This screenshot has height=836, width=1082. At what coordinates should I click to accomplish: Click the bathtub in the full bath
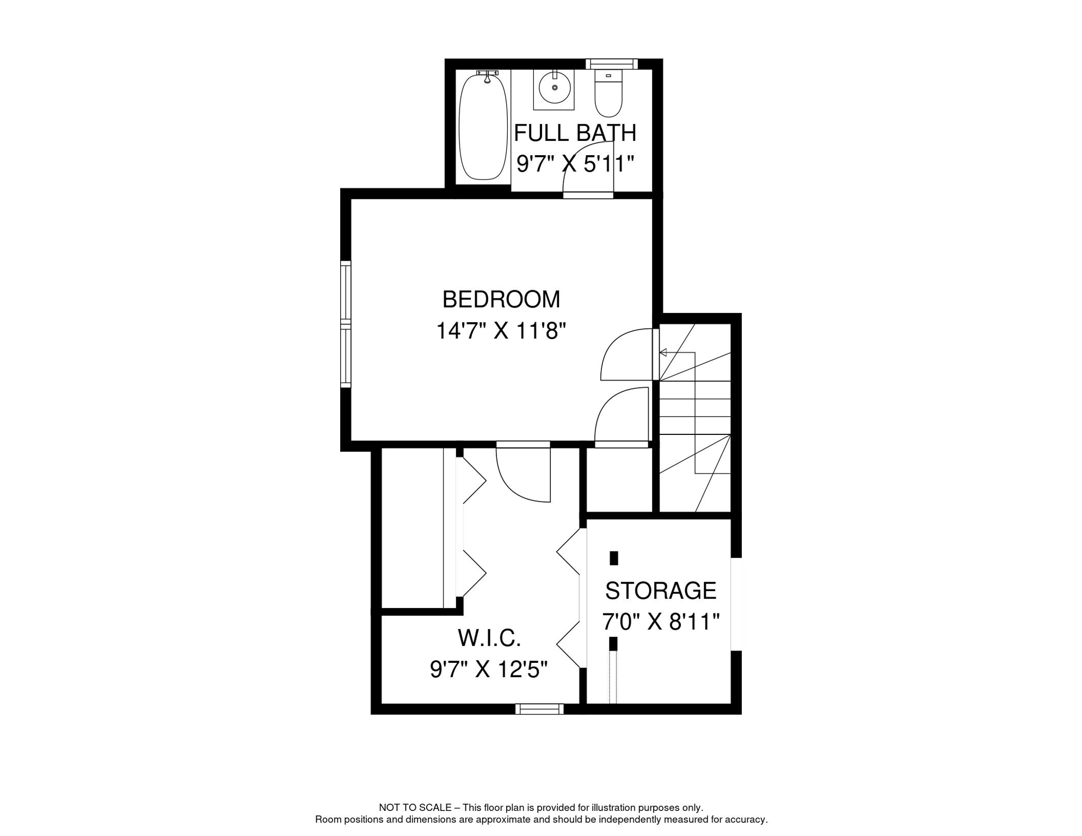pyautogui.click(x=483, y=128)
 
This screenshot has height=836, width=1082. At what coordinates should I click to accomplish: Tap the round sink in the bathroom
pyautogui.click(x=554, y=88)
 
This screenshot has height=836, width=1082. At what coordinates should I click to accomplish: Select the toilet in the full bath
pyautogui.click(x=608, y=94)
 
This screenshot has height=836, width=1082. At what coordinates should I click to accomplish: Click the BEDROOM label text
pyautogui.click(x=501, y=299)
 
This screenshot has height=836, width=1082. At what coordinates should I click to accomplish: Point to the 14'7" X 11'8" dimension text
pyautogui.click(x=501, y=330)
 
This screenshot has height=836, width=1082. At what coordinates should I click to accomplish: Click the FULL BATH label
pyautogui.click(x=575, y=133)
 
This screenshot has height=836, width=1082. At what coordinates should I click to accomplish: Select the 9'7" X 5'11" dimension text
pyautogui.click(x=575, y=163)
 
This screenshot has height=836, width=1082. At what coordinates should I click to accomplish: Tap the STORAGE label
pyautogui.click(x=660, y=591)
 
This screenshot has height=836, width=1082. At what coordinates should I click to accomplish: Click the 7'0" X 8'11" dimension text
pyautogui.click(x=660, y=621)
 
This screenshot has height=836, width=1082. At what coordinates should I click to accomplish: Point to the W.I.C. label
pyautogui.click(x=489, y=638)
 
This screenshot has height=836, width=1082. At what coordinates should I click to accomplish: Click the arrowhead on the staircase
pyautogui.click(x=663, y=353)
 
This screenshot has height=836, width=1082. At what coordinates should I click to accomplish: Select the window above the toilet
pyautogui.click(x=611, y=64)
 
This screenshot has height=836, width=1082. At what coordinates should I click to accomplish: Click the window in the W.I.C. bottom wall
pyautogui.click(x=539, y=709)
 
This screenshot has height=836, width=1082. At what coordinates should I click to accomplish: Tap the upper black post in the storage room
pyautogui.click(x=613, y=558)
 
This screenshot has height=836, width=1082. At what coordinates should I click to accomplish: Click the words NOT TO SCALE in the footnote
pyautogui.click(x=415, y=808)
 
